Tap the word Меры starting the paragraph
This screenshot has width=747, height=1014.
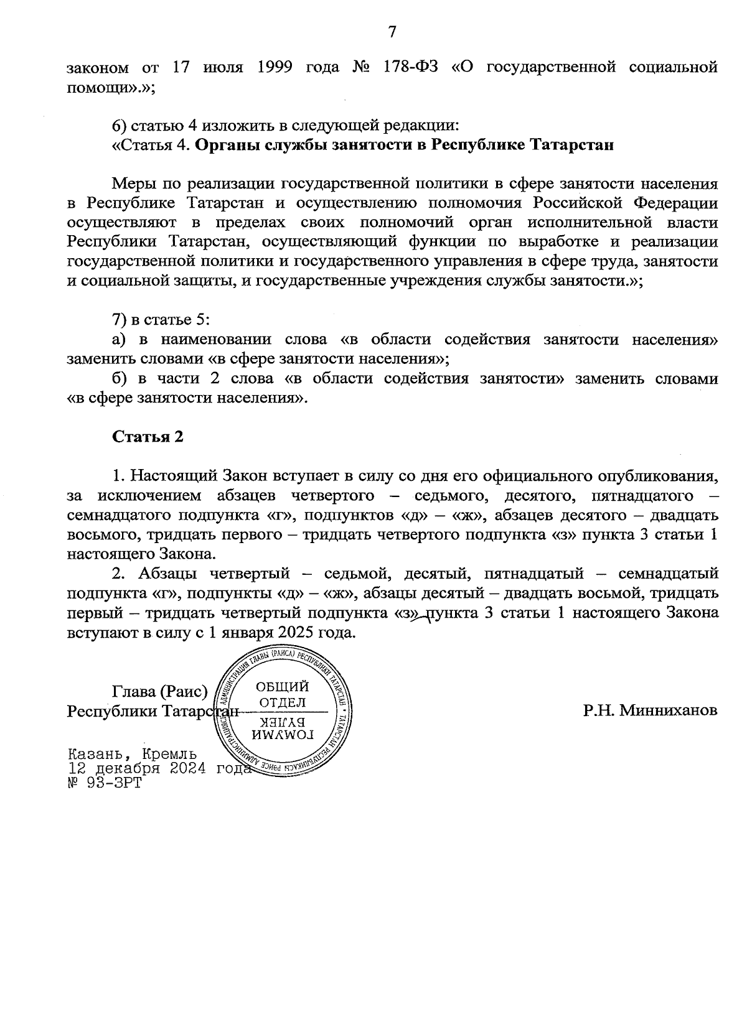(133, 184)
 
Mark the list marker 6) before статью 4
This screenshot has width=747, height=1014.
(120, 126)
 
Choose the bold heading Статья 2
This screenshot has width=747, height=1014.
(148, 437)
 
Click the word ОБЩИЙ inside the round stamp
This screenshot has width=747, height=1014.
(282, 687)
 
